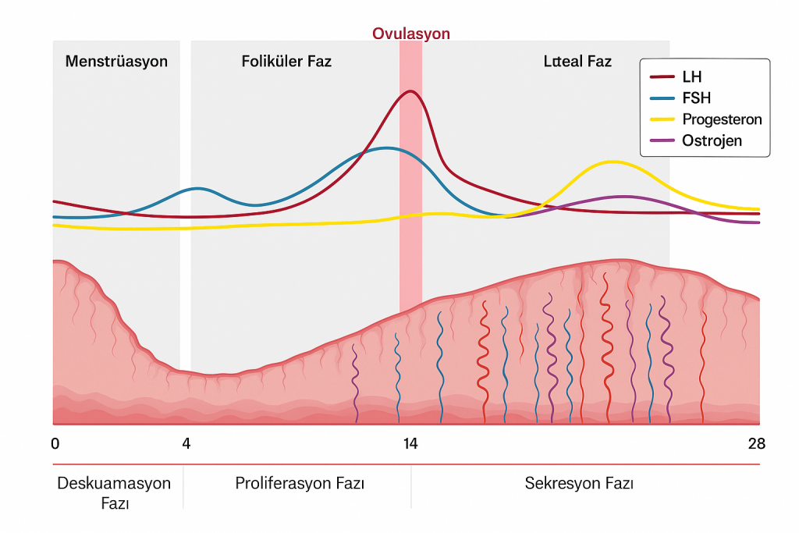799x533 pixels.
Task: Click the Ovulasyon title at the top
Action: pyautogui.click(x=410, y=34)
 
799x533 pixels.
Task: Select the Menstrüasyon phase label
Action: pyautogui.click(x=116, y=61)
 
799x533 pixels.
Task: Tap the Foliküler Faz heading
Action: pyautogui.click(x=286, y=61)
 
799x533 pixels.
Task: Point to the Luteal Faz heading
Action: pyautogui.click(x=577, y=61)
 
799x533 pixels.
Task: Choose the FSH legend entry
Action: pyautogui.click(x=696, y=98)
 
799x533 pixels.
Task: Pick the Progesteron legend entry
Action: pyautogui.click(x=721, y=119)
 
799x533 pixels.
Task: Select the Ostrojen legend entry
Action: pyautogui.click(x=712, y=140)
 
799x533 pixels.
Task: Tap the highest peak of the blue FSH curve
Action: pyautogui.click(x=385, y=147)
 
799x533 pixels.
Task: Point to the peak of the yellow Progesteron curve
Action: pyautogui.click(x=613, y=162)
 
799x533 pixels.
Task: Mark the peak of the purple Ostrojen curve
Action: pyautogui.click(x=622, y=197)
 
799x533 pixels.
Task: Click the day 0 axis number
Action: pyautogui.click(x=55, y=444)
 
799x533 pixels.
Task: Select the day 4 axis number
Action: pyautogui.click(x=186, y=444)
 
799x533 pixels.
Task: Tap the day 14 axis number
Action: pyautogui.click(x=410, y=444)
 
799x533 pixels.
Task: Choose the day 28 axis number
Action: pyautogui.click(x=756, y=444)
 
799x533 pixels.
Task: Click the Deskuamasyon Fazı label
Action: pyautogui.click(x=114, y=492)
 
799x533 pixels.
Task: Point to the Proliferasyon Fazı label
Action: pyautogui.click(x=300, y=484)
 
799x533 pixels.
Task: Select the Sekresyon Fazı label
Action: pyautogui.click(x=579, y=484)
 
